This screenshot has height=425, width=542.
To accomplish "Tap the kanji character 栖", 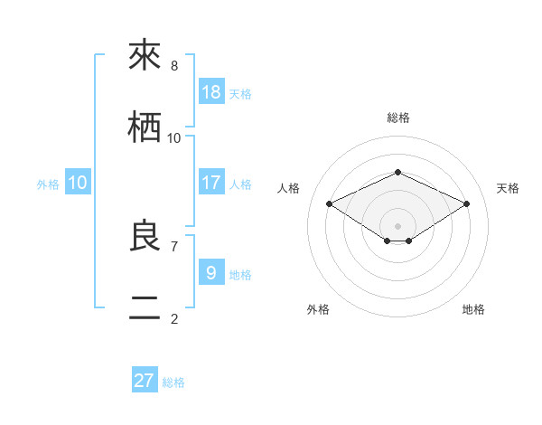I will point(145,127).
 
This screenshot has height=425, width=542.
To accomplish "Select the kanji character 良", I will point(145,236).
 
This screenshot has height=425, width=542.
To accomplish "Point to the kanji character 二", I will point(145,308).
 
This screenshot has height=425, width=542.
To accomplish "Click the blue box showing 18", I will point(211,92).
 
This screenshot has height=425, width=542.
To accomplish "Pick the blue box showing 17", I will point(211,183).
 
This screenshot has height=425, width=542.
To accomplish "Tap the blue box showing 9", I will point(211,271).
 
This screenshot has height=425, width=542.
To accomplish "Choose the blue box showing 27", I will point(145,381).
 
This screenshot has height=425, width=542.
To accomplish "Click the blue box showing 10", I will point(78,183).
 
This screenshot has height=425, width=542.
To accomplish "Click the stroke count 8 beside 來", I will point(174,66).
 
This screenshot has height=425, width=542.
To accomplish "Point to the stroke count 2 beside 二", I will point(174,318).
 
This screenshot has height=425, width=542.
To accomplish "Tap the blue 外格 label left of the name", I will point(48,184).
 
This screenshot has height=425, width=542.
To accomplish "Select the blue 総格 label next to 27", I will point(173,382).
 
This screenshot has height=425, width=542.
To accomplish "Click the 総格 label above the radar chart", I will point(397,118).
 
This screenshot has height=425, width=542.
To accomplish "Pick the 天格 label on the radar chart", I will point(508,188).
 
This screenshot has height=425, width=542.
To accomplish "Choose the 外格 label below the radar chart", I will point(318,309).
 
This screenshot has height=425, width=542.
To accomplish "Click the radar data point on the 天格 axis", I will point(467,204).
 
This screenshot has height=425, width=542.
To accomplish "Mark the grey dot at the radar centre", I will point(397,225).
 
